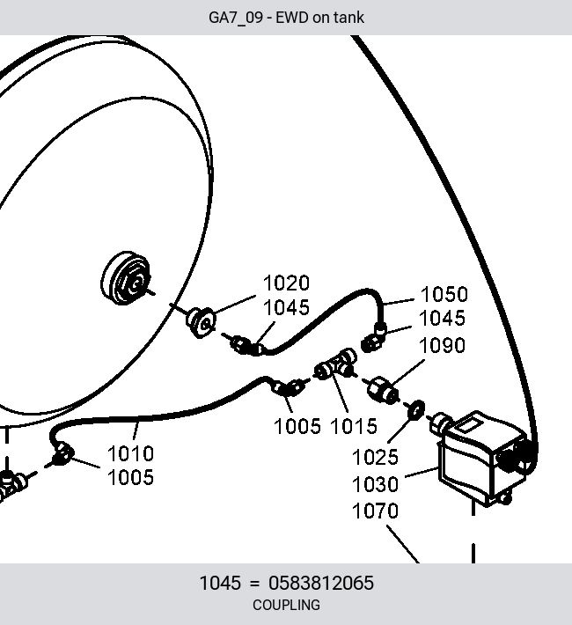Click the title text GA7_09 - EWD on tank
(286, 18)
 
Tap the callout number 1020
(286, 283)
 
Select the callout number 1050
(444, 294)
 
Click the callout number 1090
(442, 345)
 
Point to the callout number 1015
(354, 426)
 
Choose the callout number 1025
(375, 457)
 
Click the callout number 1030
(375, 484)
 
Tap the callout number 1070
(375, 511)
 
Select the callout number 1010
(130, 453)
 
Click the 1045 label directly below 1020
(286, 307)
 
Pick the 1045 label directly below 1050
(442, 318)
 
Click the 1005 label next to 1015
(297, 426)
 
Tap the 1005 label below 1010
(130, 477)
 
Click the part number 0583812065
(321, 583)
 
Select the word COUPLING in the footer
(286, 605)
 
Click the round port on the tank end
(127, 278)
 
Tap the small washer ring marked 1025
(415, 409)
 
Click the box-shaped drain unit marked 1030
(482, 459)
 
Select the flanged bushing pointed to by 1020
(201, 322)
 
